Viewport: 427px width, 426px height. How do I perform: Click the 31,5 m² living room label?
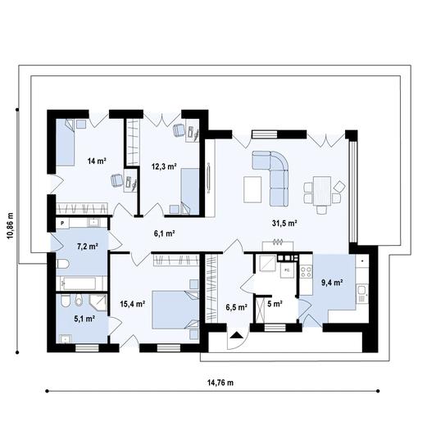tap(284, 224)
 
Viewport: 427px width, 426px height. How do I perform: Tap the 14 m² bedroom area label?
tap(97, 161)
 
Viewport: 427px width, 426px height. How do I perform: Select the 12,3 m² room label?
tap(164, 166)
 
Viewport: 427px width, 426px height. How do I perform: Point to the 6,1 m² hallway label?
tap(164, 233)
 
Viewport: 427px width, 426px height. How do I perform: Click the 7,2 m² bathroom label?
tap(88, 247)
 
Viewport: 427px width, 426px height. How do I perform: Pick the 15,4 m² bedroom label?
tap(133, 304)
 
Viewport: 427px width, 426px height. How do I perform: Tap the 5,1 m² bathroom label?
tap(84, 319)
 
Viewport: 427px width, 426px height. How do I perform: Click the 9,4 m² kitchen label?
tap(332, 283)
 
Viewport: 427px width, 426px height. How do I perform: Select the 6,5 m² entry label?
tap(237, 307)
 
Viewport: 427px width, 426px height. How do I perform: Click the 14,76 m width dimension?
tap(220, 383)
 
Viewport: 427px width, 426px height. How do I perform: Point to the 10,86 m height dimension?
tap(11, 225)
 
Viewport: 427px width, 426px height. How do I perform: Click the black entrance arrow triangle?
tap(236, 335)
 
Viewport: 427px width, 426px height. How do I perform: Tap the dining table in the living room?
tap(322, 191)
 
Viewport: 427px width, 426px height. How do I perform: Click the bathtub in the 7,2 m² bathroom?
tap(79, 283)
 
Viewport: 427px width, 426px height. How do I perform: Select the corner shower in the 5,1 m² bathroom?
tap(98, 303)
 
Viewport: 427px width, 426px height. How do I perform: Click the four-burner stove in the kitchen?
tap(306, 272)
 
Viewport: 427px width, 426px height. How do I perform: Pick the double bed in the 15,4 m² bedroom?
tap(175, 310)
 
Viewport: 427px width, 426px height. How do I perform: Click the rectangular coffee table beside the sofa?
tap(252, 189)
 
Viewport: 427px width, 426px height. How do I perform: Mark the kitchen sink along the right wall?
tap(362, 293)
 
